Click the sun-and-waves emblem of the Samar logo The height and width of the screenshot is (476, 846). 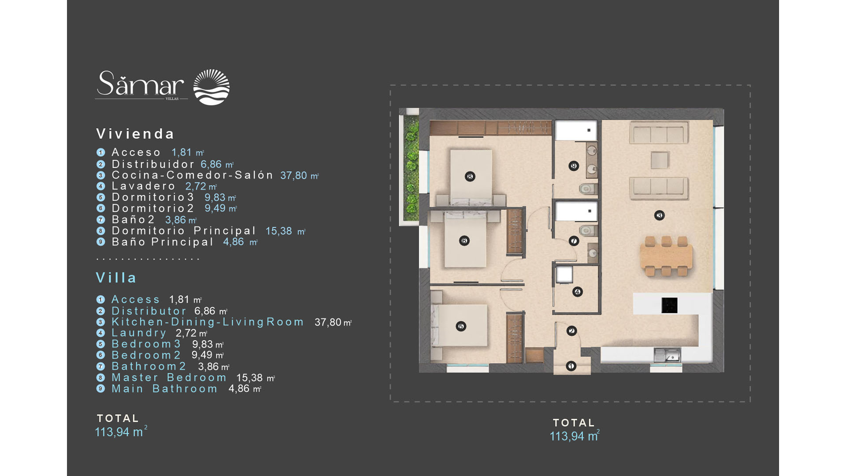click(x=211, y=87)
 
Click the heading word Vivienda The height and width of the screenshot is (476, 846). click(x=135, y=134)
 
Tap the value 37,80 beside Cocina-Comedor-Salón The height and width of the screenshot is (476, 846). click(x=293, y=175)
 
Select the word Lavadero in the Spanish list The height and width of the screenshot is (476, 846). click(x=144, y=186)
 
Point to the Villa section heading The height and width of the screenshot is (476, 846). click(x=116, y=277)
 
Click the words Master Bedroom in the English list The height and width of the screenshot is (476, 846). click(x=169, y=377)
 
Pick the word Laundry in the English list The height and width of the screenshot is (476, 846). click(x=139, y=333)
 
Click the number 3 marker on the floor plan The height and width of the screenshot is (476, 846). click(x=659, y=215)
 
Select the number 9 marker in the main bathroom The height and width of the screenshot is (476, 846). click(x=573, y=166)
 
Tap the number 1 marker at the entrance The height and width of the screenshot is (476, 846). click(x=571, y=366)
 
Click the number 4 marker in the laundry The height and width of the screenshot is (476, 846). click(x=577, y=292)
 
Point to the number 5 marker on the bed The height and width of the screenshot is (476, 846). click(x=461, y=326)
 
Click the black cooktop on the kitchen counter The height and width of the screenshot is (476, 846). click(x=669, y=305)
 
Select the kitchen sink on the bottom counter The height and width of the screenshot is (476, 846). click(x=667, y=355)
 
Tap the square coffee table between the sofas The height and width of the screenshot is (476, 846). click(x=659, y=160)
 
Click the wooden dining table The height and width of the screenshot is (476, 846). click(x=666, y=257)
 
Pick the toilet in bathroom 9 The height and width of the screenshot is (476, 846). click(x=587, y=190)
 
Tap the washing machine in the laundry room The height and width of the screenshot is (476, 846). click(x=564, y=275)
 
